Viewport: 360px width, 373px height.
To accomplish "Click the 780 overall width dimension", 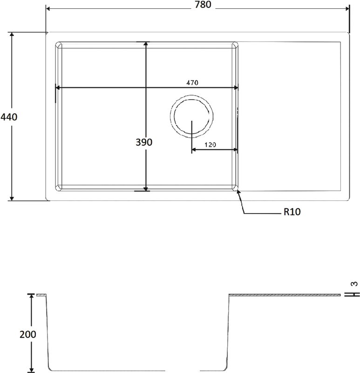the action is click(203, 5).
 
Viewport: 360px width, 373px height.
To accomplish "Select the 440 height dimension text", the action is click(9, 117).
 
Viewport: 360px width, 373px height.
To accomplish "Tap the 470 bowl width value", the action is click(192, 83).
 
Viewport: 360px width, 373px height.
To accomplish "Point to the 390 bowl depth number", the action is click(144, 142).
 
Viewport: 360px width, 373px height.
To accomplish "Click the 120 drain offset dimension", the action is click(210, 145).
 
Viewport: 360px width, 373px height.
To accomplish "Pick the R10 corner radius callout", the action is click(292, 212).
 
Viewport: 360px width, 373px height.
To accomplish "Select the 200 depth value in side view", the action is click(28, 334).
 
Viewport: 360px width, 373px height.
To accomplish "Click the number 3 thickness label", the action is click(354, 283).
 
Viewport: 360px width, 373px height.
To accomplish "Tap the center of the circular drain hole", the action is click(191, 116).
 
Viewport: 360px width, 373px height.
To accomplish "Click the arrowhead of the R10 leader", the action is click(238, 192).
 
